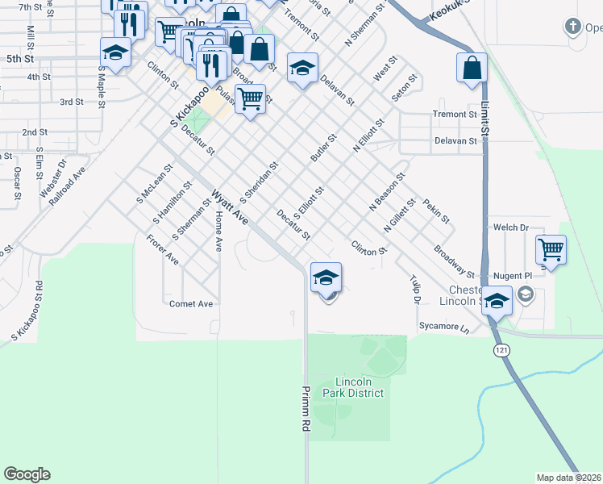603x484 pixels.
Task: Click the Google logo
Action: [x=27, y=474]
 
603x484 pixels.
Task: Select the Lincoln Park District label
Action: [x=359, y=387]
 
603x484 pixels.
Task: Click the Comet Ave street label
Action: [x=190, y=304]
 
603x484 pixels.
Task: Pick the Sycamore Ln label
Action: [x=443, y=328]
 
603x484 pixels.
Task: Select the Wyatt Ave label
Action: [x=231, y=207]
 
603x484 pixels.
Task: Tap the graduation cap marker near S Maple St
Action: [x=115, y=53]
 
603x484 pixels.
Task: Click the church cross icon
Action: [x=572, y=27]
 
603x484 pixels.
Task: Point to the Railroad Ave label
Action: [x=67, y=186]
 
